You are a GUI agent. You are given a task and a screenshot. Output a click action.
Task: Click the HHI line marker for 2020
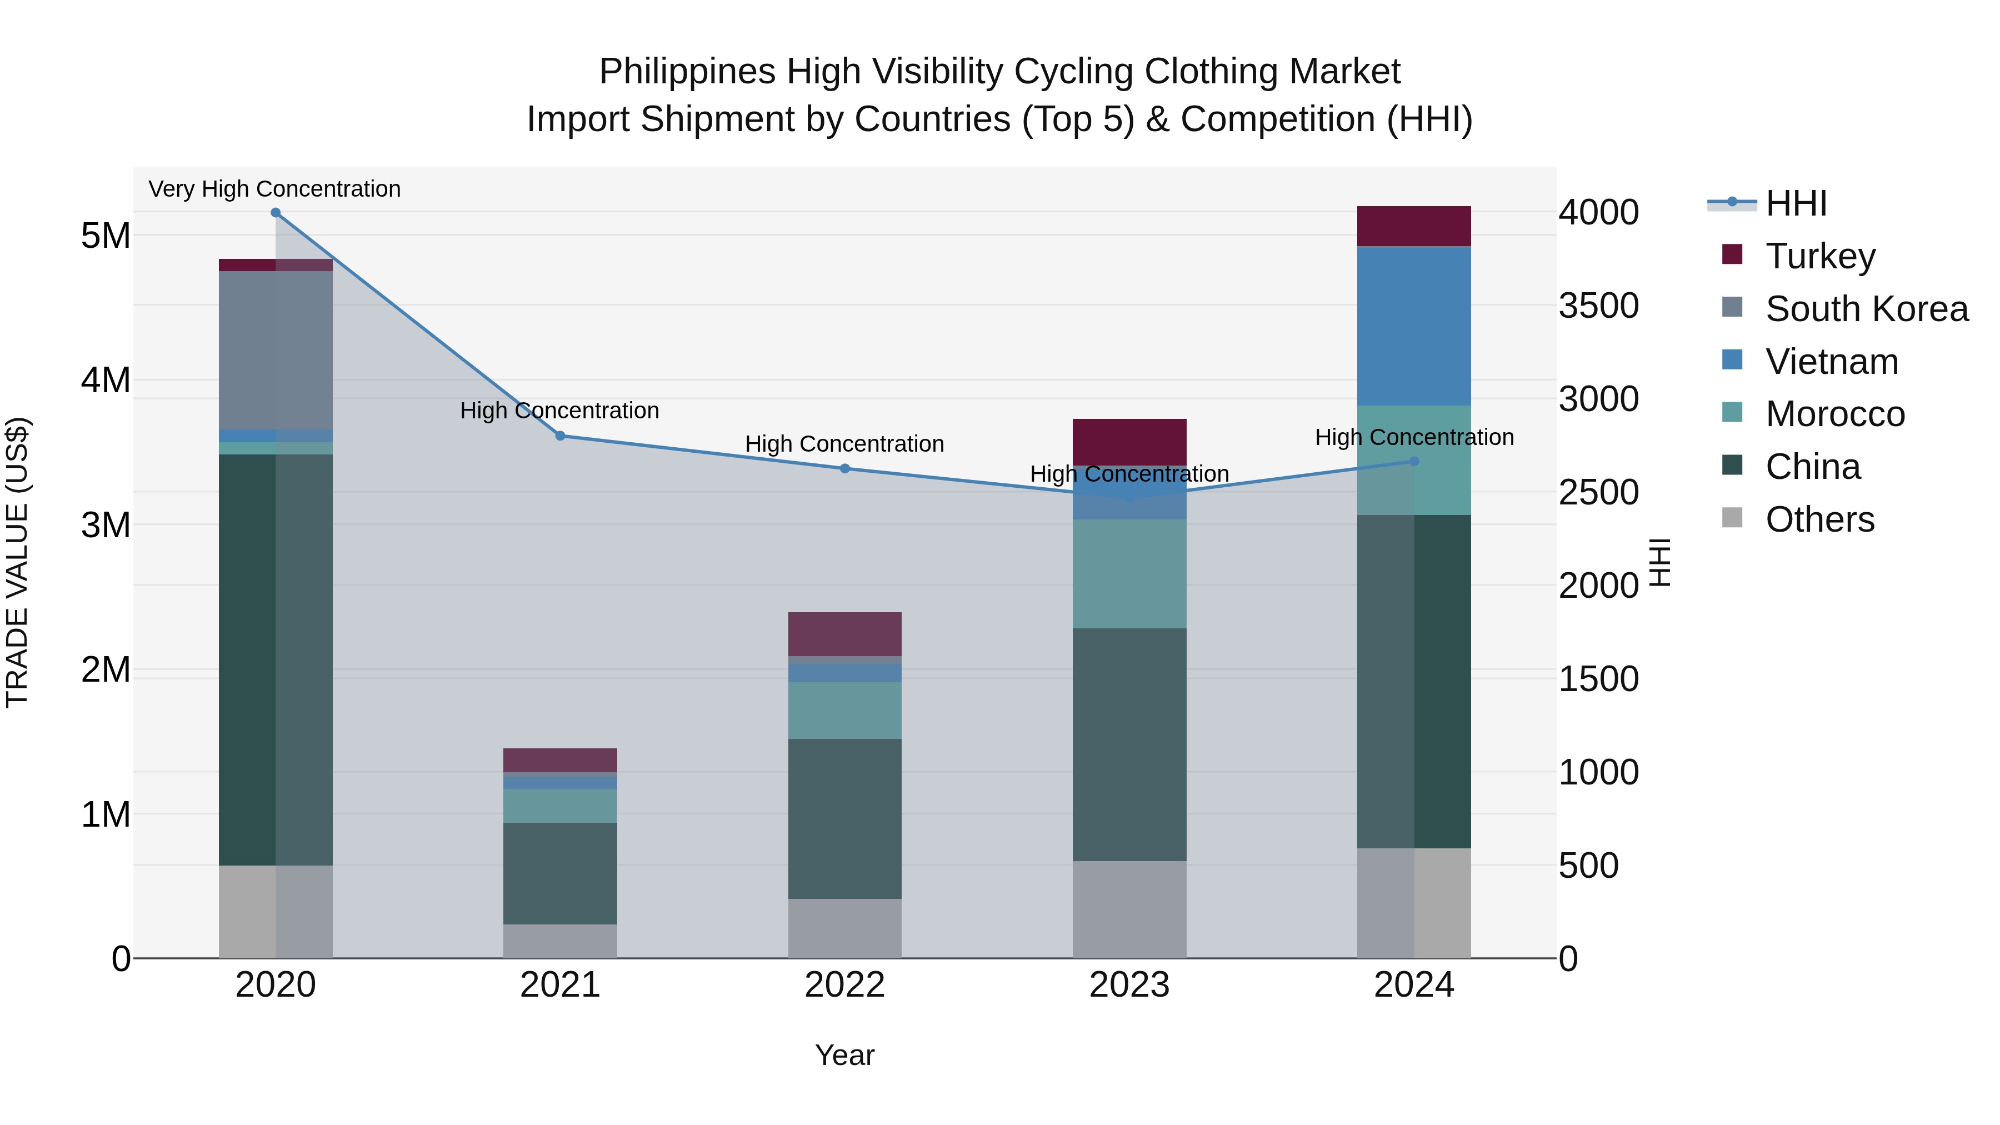276,213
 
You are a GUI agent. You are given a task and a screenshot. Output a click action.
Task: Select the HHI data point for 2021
561,436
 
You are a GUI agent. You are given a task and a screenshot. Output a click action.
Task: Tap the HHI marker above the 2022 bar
844,468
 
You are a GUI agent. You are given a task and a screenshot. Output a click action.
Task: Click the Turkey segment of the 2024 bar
1414,226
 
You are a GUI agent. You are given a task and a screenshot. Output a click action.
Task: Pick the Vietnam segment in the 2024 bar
1414,326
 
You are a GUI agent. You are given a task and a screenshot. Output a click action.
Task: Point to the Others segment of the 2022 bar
844,928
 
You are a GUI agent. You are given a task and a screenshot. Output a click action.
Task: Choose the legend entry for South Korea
1867,309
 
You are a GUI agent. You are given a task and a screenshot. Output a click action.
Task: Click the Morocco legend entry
1834,414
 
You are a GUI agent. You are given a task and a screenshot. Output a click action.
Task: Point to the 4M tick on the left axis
106,381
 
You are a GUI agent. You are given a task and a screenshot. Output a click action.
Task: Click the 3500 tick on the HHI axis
1598,306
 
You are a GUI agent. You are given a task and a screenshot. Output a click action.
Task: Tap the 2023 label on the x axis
1129,985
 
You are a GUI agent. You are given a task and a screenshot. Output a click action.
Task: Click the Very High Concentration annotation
275,189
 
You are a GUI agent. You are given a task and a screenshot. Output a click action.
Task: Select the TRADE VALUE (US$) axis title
17,562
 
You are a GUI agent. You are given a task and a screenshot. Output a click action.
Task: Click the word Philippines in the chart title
687,72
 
